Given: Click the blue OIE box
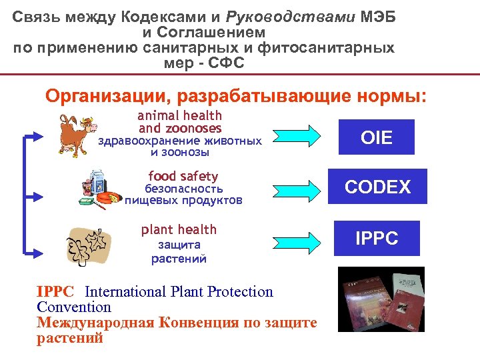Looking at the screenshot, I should click(x=377, y=137).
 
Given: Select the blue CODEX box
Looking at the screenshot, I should click(x=377, y=187).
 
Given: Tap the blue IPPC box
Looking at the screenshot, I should click(x=377, y=238).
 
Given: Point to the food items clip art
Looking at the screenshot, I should click(x=101, y=188).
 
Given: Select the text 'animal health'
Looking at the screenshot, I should click(x=180, y=115).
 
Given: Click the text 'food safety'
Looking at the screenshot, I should click(x=183, y=176).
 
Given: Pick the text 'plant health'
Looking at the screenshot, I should click(x=179, y=229).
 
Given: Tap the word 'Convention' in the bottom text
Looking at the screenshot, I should click(x=74, y=307).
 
